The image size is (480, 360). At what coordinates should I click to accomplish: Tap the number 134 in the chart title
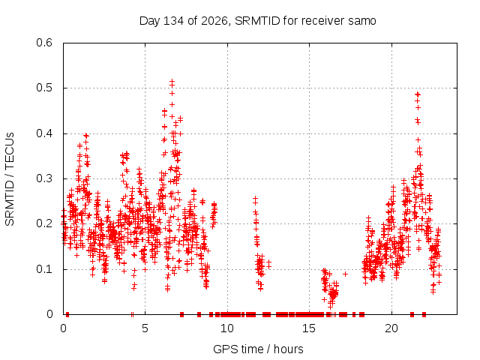coord(173,21)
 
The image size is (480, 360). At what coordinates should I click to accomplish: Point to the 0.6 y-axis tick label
coord(44,43)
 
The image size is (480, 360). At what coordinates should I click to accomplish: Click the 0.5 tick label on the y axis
coord(44,88)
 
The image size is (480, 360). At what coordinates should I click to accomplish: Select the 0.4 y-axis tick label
coord(44,133)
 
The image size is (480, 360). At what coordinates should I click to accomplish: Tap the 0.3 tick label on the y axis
coord(44,178)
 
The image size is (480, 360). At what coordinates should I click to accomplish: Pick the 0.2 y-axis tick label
coord(44,223)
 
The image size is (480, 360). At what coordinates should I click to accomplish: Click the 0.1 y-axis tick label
coord(44,269)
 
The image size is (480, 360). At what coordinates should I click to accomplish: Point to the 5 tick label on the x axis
coord(145,328)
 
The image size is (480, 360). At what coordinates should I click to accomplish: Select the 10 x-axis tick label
coord(226,328)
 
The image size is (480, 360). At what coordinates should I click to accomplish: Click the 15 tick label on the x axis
coord(309,328)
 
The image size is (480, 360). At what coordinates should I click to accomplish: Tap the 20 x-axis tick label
coord(391,328)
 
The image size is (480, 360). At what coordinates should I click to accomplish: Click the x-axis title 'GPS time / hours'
coord(258,349)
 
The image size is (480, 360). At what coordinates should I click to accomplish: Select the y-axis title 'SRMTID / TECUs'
coord(10,179)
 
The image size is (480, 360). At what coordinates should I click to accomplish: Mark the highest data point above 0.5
coord(172,82)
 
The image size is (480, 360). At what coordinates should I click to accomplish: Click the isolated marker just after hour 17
coord(345,274)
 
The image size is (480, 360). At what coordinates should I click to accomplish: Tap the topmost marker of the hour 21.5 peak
coord(418,94)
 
